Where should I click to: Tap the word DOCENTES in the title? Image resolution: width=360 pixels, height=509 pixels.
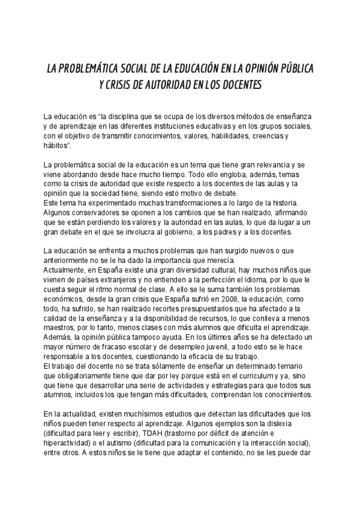(x=237, y=85)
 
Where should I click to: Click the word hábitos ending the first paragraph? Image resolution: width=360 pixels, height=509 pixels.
(x=56, y=145)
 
